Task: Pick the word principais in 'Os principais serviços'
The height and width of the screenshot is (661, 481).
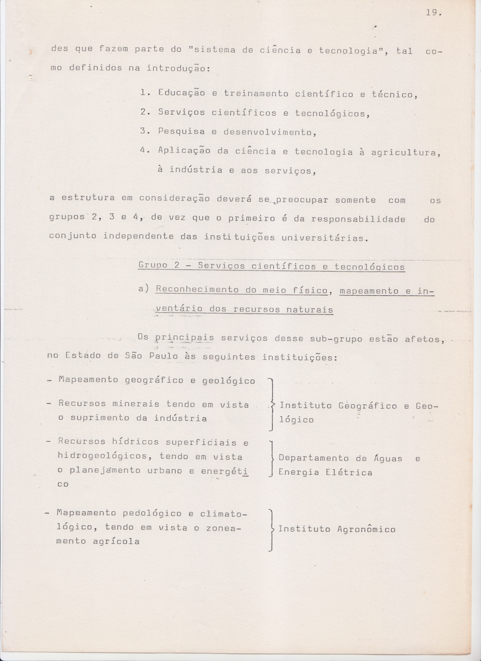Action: [184, 339]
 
